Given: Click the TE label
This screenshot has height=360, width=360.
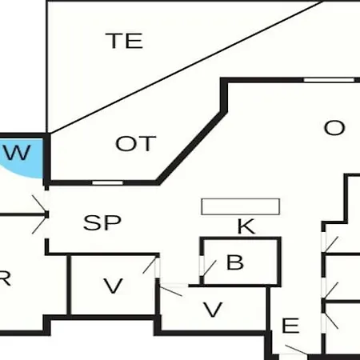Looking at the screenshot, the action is (x=124, y=41).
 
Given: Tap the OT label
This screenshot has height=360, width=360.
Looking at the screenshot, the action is (x=136, y=143).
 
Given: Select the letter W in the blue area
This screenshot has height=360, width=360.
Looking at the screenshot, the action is (x=17, y=153).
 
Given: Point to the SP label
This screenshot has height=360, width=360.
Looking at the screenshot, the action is (x=102, y=222).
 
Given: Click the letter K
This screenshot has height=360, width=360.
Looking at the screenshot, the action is (x=246, y=226).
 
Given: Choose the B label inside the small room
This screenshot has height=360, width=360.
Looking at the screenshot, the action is (x=235, y=262).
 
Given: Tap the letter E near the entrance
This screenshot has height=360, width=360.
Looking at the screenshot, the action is (x=290, y=326).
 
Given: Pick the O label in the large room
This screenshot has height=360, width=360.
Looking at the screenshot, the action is (x=334, y=128).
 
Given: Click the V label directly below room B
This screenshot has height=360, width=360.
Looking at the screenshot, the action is (x=213, y=310).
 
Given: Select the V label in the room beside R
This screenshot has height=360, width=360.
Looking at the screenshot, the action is (x=114, y=286).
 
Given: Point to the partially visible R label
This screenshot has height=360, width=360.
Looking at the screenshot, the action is (x=5, y=278).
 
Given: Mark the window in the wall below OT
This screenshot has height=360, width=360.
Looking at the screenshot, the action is (x=107, y=182).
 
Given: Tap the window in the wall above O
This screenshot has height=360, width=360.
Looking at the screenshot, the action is (x=329, y=80).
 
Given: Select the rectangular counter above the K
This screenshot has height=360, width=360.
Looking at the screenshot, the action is (x=240, y=206).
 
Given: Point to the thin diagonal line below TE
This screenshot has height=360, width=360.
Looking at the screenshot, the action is (x=186, y=66).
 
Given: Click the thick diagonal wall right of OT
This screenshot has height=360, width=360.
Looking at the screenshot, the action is (x=191, y=147).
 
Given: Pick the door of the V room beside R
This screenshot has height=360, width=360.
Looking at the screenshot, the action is (x=151, y=266).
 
